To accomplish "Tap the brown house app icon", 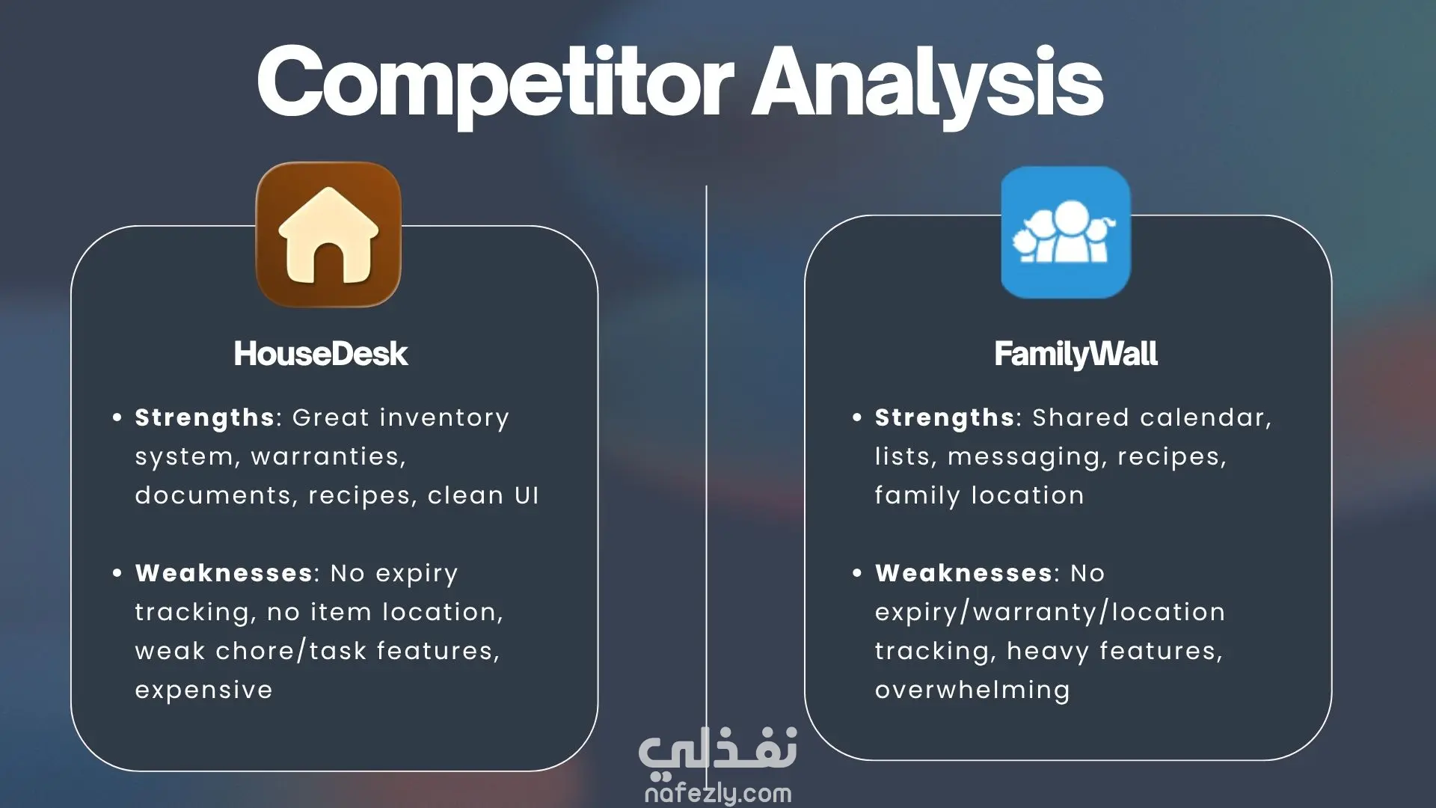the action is click(328, 234).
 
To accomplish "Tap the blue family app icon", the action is click(1066, 232).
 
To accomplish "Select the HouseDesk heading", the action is click(321, 354).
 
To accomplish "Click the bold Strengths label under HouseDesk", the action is click(205, 418).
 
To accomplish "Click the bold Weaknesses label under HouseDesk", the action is click(224, 573).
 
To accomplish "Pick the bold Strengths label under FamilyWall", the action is click(945, 418).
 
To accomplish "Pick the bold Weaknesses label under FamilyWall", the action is click(963, 573).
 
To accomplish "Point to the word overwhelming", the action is click(972, 691).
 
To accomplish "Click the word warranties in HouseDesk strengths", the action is click(328, 457).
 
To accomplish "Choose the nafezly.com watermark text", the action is click(718, 793).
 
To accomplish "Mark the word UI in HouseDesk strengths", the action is click(527, 496).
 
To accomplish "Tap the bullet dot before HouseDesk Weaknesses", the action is click(117, 573).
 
